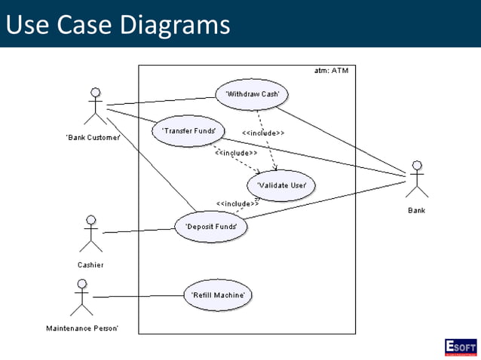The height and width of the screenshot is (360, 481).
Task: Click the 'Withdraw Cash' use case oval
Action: click(253, 95)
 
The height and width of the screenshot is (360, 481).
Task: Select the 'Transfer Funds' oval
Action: click(188, 131)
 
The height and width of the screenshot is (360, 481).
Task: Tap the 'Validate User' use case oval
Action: click(281, 185)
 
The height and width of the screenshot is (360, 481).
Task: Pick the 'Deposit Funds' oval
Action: click(211, 226)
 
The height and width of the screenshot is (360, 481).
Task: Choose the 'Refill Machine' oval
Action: click(217, 294)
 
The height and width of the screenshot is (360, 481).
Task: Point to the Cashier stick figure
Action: click(90, 233)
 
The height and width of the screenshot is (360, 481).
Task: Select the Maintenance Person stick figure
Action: click(81, 297)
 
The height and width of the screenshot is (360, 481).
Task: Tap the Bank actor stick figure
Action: click(416, 179)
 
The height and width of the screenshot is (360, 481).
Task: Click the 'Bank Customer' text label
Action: click(93, 137)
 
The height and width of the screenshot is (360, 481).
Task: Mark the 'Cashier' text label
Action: click(90, 264)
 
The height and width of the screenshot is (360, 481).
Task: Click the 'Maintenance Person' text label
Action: click(81, 328)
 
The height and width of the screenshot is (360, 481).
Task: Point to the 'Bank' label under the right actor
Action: click(416, 211)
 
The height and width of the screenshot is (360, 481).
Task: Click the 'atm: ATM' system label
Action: click(332, 71)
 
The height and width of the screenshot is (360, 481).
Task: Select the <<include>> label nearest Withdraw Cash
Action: click(263, 133)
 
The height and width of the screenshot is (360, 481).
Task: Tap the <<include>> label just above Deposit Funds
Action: click(237, 203)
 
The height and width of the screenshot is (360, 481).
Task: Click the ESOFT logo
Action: click(460, 346)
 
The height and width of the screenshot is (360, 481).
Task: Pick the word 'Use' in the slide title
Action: click(25, 25)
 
